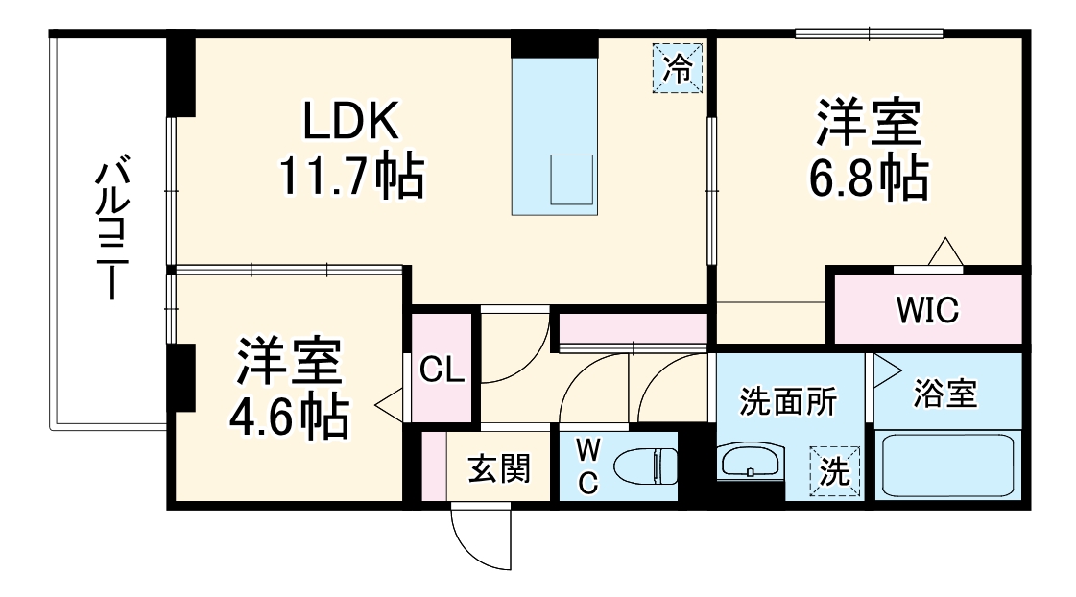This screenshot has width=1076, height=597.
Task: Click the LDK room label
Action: pyautogui.click(x=350, y=122)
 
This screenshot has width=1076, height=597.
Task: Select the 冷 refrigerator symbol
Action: pyautogui.click(x=679, y=68)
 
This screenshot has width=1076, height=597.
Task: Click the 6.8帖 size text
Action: pyautogui.click(x=870, y=179)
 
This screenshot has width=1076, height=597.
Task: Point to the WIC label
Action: pyautogui.click(x=927, y=311)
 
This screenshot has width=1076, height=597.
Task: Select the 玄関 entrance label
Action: pyautogui.click(x=498, y=469)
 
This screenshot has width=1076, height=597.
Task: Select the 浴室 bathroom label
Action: pyautogui.click(x=944, y=394)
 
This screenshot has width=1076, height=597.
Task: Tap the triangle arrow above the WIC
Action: pyautogui.click(x=945, y=251)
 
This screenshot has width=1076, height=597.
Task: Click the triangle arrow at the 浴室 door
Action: pyautogui.click(x=883, y=369)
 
